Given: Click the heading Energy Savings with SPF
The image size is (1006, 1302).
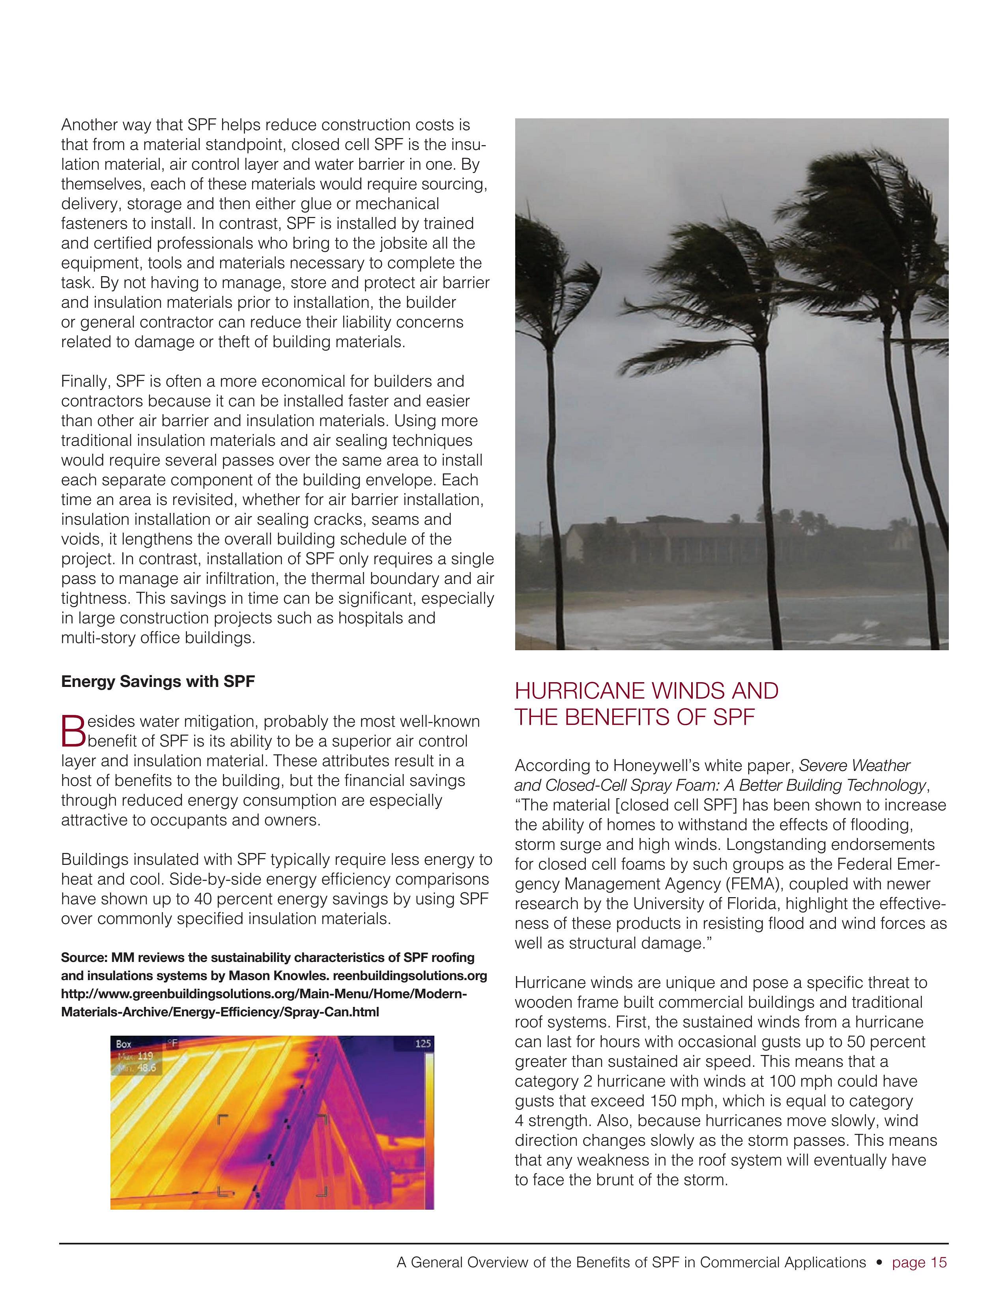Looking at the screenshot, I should pyautogui.click(x=157, y=681).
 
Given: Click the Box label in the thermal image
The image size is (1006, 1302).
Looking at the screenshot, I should pyautogui.click(x=124, y=1044).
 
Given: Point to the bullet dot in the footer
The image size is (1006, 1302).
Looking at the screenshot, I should pyautogui.click(x=879, y=1263).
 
